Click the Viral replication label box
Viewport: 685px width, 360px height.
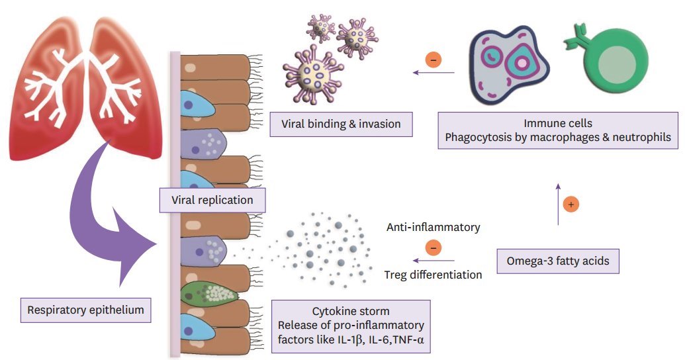203,199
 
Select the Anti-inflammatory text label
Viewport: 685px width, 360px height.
433,227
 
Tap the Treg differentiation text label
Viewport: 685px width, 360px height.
433,274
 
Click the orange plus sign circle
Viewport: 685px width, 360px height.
571,205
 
